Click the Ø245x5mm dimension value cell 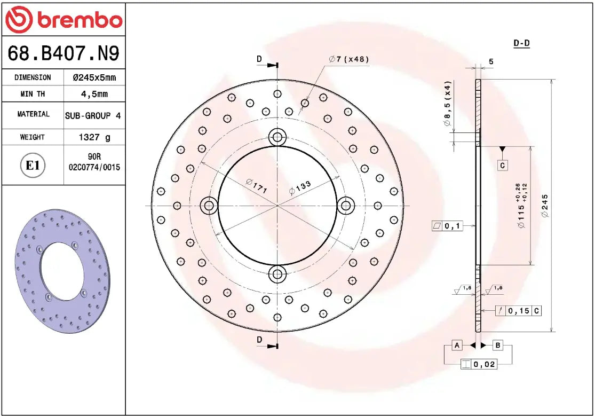pos(94,77)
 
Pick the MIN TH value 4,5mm pos(94,94)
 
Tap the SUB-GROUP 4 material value pos(93,115)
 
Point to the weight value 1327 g pos(94,137)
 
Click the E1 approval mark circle pos(33,166)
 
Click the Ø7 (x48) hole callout pos(349,59)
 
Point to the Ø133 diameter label pos(300,187)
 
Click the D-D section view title pos(521,43)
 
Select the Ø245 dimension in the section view pos(544,206)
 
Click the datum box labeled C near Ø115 pos(502,166)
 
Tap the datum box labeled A pos(457,346)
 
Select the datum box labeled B pos(497,346)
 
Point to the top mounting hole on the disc pos(277,137)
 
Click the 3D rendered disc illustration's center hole pos(60,271)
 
